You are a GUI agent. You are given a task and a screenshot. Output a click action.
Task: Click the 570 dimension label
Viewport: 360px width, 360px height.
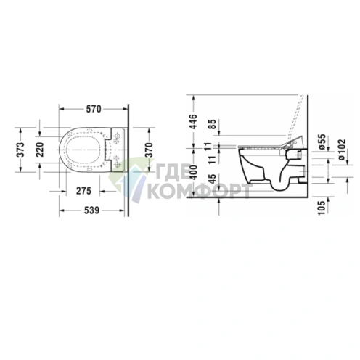tap(94, 109)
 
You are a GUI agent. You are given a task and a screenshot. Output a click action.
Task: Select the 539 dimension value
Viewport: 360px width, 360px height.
tap(91, 210)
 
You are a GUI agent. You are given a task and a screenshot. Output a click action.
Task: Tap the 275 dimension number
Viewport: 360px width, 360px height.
tap(83, 191)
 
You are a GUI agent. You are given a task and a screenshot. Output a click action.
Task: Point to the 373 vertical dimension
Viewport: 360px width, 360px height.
tap(21, 150)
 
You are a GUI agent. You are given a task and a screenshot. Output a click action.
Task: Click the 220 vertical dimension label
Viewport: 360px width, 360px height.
tap(40, 150)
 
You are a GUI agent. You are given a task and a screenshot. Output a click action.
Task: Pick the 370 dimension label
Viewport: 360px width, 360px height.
tap(150, 150)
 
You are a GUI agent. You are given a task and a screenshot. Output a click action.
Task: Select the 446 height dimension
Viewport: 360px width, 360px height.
tap(193, 122)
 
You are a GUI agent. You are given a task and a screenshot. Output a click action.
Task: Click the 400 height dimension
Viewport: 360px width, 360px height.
tap(193, 172)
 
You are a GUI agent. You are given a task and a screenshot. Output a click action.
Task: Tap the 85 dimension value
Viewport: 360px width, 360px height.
tap(212, 124)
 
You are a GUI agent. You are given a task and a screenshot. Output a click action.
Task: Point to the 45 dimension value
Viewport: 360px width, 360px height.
tap(212, 179)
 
